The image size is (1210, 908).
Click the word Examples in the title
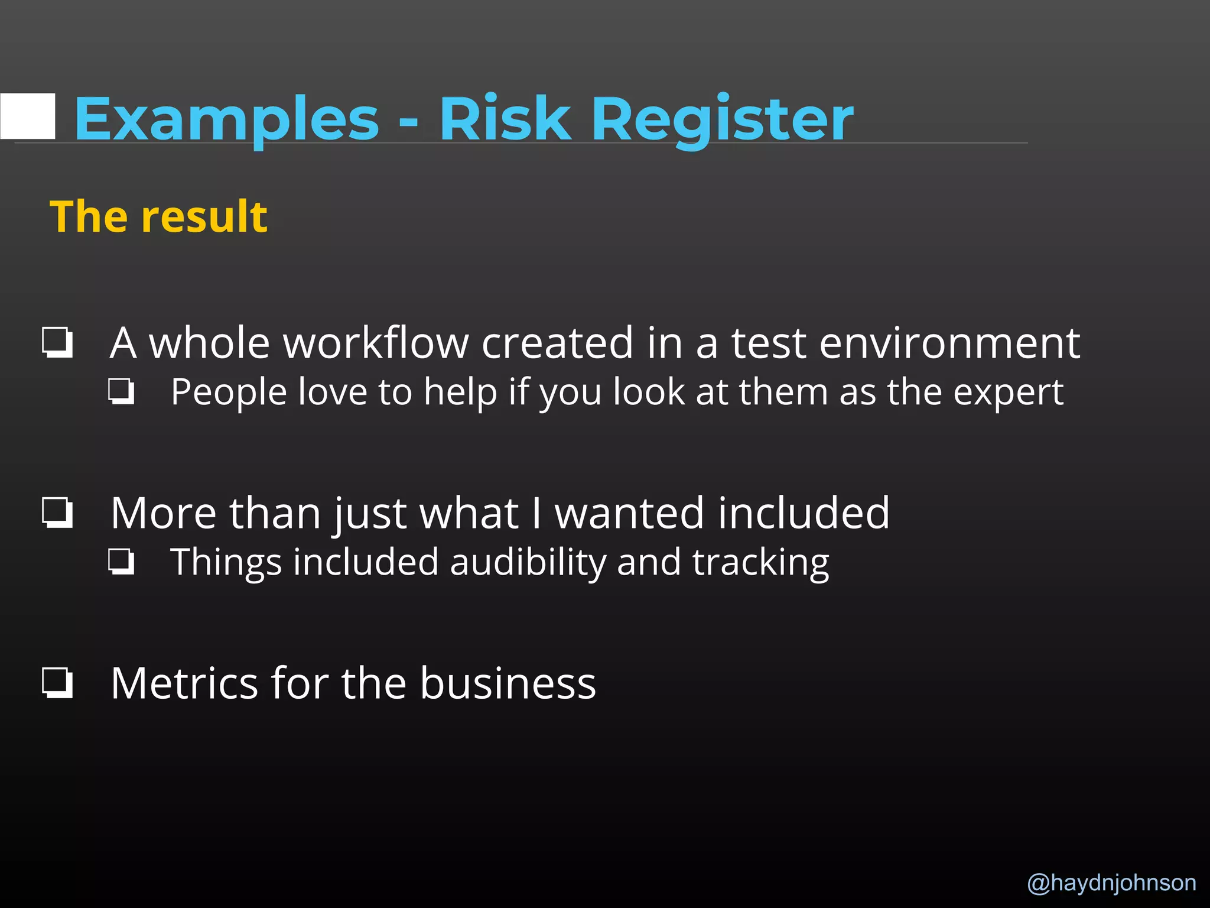coord(226,120)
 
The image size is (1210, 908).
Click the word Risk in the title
coord(505,120)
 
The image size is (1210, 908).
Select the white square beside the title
coord(28,116)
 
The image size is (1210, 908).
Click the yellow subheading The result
coord(158,216)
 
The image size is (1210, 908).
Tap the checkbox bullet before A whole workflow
coord(57,342)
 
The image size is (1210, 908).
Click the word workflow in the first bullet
coord(309,343)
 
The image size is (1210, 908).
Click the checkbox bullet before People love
coord(122,391)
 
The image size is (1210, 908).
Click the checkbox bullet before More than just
coord(57,512)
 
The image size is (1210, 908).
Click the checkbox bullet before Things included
coord(122,562)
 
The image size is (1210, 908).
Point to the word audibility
coord(528,562)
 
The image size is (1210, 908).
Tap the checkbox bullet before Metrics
coord(57,683)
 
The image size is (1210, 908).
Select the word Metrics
coord(184,683)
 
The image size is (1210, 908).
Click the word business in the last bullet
coord(508,683)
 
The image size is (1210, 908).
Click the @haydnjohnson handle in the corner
coord(1111,883)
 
